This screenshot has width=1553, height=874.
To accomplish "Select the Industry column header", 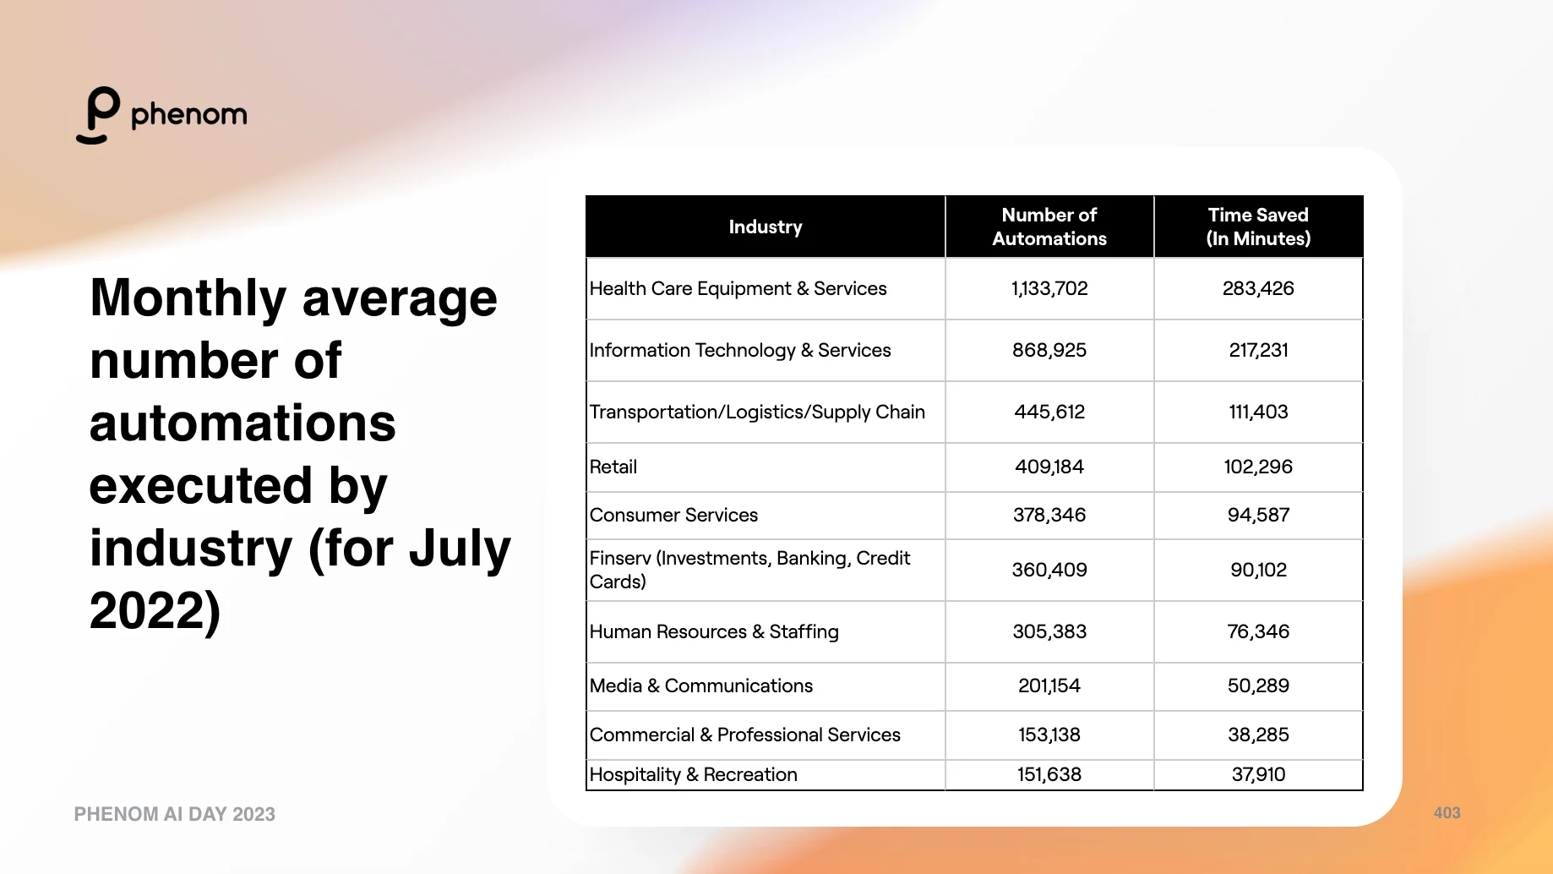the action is click(766, 227).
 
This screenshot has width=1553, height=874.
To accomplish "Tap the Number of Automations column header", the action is click(1049, 227).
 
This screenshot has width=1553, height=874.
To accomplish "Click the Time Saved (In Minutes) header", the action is click(1258, 227).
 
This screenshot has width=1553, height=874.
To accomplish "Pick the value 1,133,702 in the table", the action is click(1049, 288).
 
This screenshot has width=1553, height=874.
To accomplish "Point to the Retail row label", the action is click(613, 467).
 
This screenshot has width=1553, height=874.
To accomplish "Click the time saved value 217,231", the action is click(1258, 350).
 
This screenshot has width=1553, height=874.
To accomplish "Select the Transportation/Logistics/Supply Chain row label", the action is click(757, 412).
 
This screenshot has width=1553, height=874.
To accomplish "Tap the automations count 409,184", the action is click(1049, 467).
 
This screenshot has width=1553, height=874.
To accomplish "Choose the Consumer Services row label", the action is click(673, 515).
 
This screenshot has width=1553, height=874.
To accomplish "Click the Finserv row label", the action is click(749, 570).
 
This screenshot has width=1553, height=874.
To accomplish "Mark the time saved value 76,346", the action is click(1258, 631).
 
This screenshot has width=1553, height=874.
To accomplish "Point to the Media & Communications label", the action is click(701, 686).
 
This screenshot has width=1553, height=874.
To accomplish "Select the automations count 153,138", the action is click(1049, 735).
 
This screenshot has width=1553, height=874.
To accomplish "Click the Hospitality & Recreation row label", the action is click(693, 774).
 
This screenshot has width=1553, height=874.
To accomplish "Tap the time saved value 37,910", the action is click(1258, 774).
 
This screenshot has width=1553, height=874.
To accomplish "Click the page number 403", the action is click(1447, 812).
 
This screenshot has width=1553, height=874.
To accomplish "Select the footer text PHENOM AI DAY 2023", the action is click(175, 814).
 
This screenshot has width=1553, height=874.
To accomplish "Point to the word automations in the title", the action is click(242, 423).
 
